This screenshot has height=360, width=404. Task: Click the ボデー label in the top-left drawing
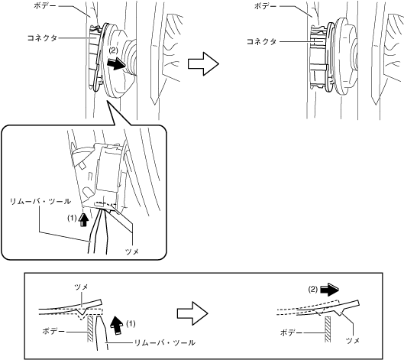(x=45, y=5)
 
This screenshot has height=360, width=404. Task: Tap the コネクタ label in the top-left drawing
(x=42, y=38)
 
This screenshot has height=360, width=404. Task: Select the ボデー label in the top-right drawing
(x=265, y=6)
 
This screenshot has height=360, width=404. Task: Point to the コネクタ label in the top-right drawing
(x=261, y=41)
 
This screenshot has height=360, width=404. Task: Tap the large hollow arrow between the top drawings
(x=203, y=63)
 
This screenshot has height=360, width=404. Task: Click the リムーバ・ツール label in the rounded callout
(x=40, y=201)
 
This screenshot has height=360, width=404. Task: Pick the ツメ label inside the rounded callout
(x=132, y=251)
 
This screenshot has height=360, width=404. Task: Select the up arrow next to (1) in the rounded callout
(x=83, y=220)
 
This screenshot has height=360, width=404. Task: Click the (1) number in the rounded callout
(x=72, y=218)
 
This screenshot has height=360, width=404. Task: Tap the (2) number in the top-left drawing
(x=113, y=50)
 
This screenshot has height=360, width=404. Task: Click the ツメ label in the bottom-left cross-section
(x=81, y=287)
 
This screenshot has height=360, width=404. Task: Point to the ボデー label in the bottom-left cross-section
(x=53, y=331)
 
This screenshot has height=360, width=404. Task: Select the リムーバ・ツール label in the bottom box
(x=165, y=342)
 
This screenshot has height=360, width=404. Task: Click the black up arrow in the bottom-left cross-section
(x=117, y=326)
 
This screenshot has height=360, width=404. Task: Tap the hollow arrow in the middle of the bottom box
(x=192, y=313)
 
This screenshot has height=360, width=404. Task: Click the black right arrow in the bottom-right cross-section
(x=329, y=289)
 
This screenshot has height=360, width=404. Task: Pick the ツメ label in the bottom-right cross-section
(x=353, y=341)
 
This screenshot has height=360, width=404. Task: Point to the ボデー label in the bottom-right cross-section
(x=291, y=332)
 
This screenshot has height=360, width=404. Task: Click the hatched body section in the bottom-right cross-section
(x=328, y=329)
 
